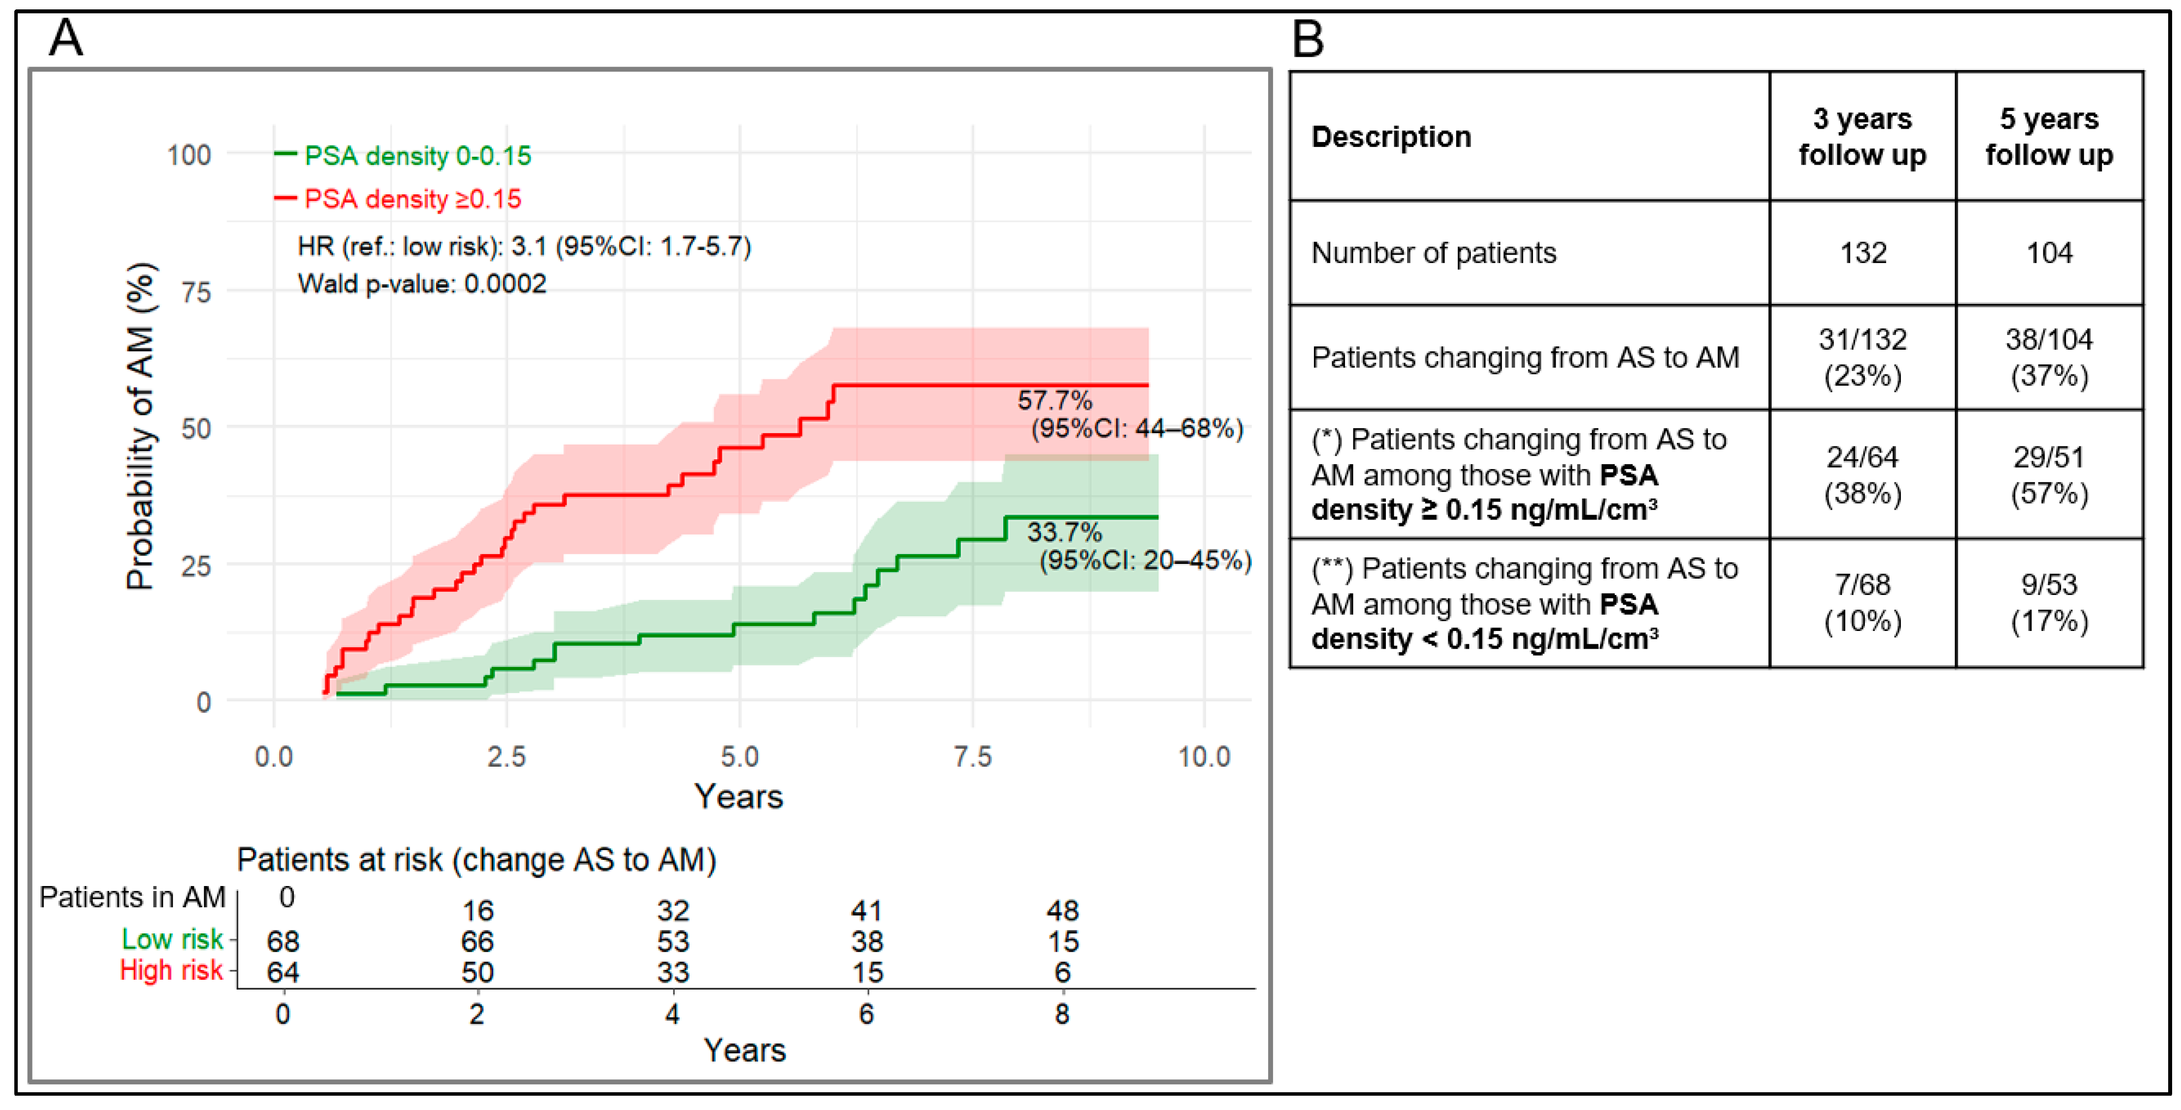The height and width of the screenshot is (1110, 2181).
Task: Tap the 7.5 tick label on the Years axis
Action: (972, 756)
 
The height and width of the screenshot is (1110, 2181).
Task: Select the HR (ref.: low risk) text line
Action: (524, 246)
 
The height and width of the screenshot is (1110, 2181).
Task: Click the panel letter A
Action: (66, 37)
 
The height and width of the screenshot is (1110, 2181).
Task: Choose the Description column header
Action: (1391, 136)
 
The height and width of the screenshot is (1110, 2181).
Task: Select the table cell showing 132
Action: (1863, 252)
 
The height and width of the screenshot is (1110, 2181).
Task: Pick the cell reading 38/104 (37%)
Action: (2049, 357)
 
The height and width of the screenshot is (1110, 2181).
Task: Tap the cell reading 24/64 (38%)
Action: (1863, 475)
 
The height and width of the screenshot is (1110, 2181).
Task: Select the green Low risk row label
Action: (172, 939)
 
